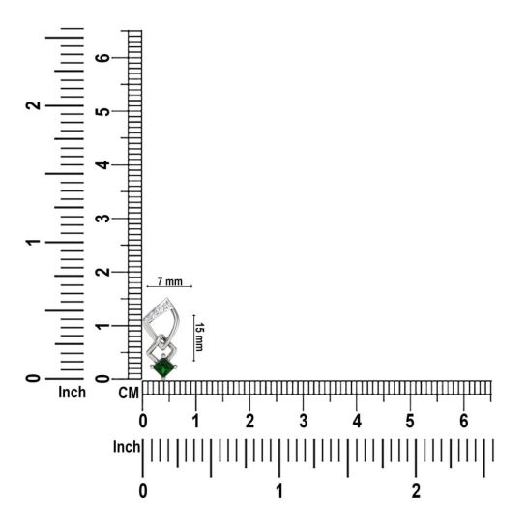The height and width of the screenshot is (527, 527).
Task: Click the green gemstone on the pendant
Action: point(163,367)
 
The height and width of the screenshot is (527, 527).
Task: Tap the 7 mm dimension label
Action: point(170,281)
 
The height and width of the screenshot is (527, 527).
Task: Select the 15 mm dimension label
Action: point(199,337)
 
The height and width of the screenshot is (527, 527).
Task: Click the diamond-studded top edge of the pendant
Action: point(158,311)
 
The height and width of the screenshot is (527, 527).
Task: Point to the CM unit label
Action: point(129,393)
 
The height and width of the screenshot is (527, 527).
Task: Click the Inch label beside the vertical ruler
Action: point(72,392)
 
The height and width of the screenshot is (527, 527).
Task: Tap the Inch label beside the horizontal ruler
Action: point(127,447)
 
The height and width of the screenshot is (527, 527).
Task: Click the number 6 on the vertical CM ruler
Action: point(102,58)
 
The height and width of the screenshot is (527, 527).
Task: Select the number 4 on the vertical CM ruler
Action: point(102,164)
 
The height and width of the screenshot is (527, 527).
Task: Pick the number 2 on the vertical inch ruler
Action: point(33,105)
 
